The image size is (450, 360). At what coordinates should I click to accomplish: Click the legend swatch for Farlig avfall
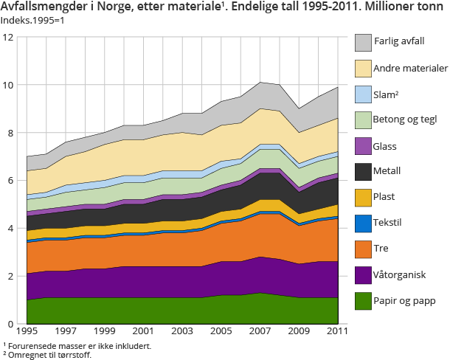(362, 42)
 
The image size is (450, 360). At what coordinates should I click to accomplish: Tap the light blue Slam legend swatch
(362, 94)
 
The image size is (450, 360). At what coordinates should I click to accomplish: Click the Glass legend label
(386, 147)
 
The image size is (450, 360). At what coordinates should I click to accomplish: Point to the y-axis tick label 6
(10, 181)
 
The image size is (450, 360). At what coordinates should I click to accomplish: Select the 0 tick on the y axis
(10, 324)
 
